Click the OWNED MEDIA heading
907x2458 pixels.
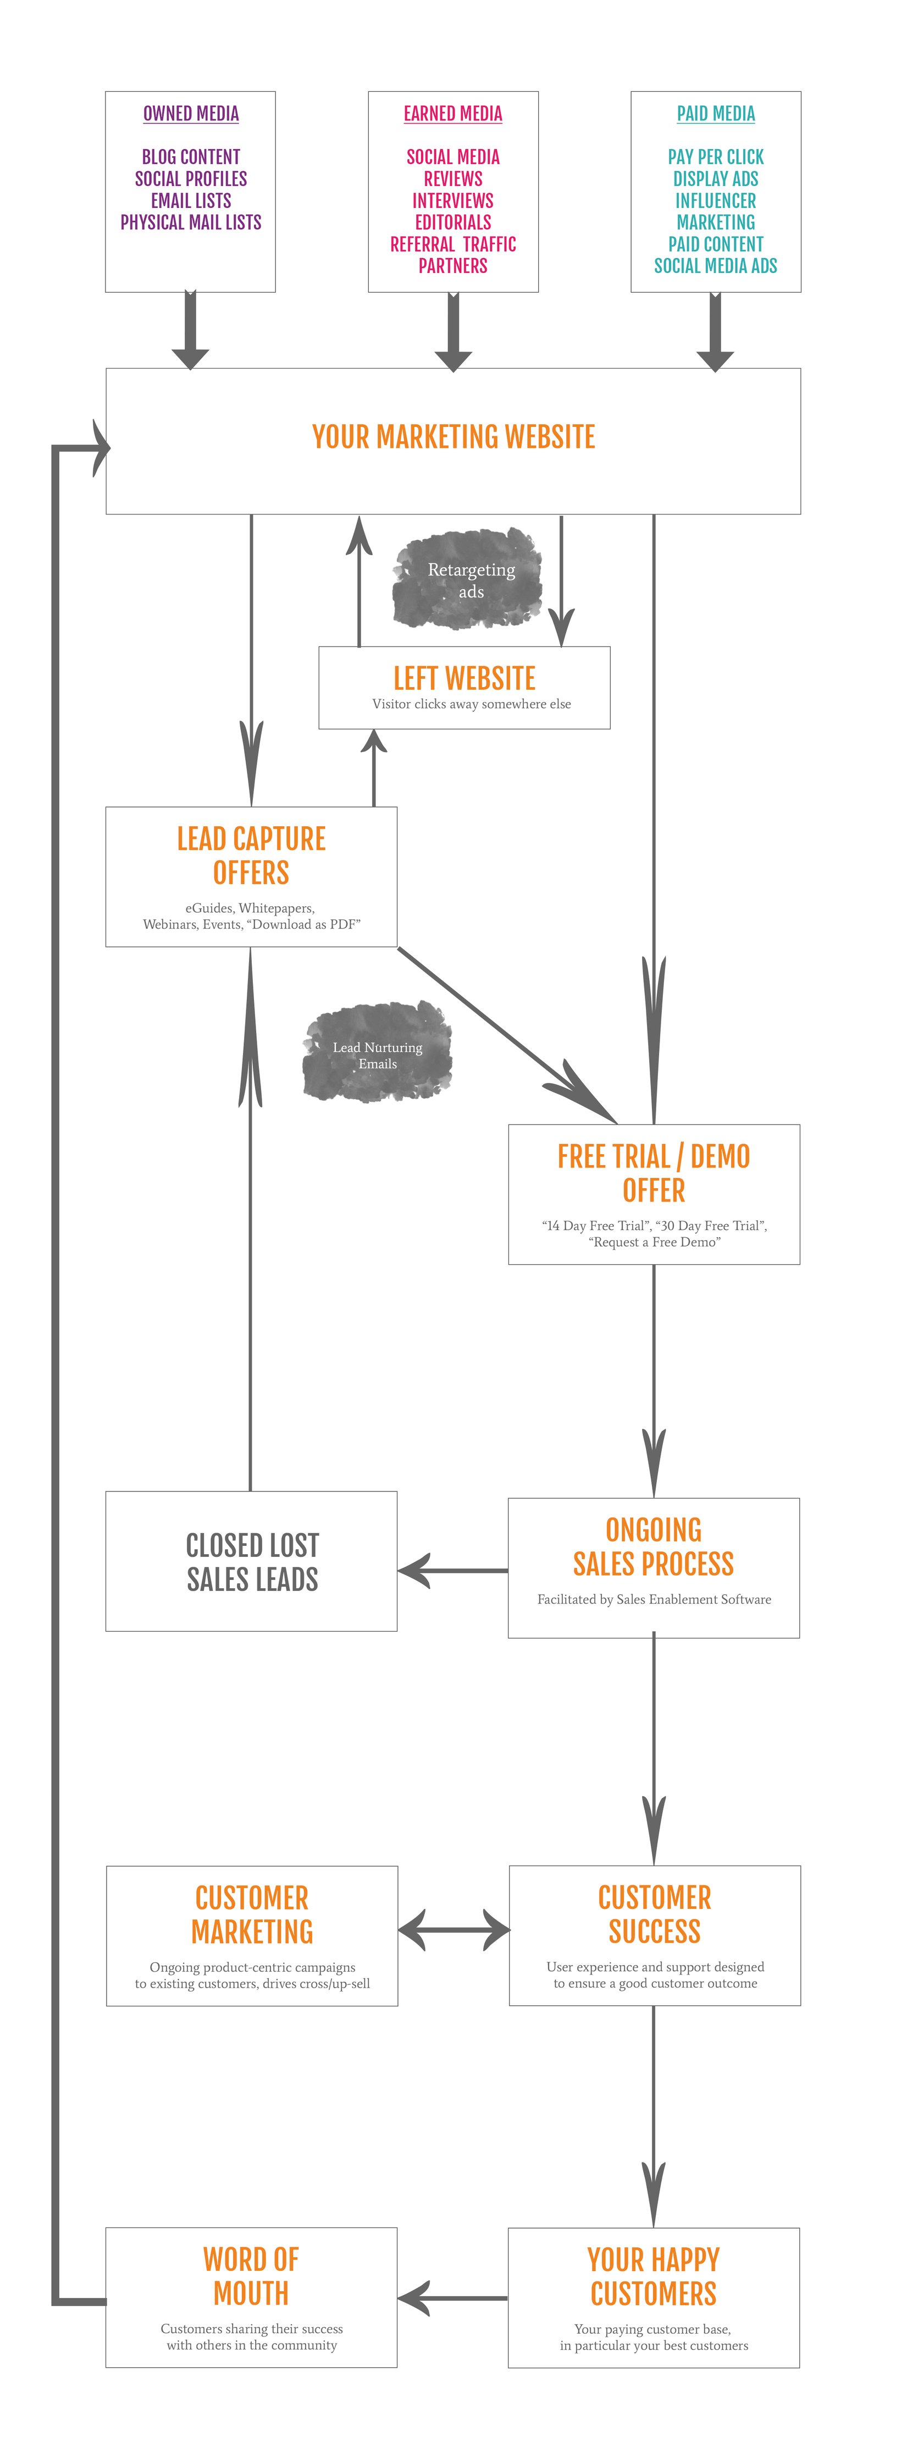[x=191, y=113]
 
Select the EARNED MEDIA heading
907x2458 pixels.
[x=453, y=113]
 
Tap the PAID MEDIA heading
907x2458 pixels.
[x=715, y=113]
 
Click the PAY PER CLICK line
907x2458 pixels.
[x=715, y=156]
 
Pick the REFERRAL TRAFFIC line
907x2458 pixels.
[x=453, y=244]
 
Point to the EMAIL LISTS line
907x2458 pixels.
[x=191, y=200]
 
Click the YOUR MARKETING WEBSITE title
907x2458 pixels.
[x=453, y=437]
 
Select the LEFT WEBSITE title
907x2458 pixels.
[x=464, y=678]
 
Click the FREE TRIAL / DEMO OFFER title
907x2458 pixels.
[x=653, y=1173]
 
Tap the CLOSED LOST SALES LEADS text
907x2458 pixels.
[x=252, y=1562]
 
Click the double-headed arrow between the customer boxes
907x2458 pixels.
[x=453, y=1930]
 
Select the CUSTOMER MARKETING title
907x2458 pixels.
[x=252, y=1914]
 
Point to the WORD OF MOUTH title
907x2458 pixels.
[x=251, y=2276]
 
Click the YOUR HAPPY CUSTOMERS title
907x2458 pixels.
[x=653, y=2276]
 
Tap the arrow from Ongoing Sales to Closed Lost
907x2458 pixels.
[x=453, y=1571]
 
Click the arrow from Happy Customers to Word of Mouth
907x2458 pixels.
[x=453, y=2298]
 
